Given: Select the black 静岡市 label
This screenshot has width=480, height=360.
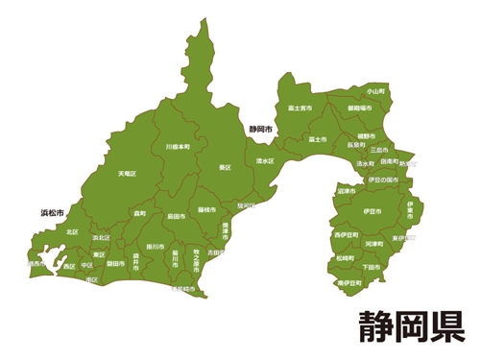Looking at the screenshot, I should coord(260,128).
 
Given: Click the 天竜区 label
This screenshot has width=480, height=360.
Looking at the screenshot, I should coord(128,174).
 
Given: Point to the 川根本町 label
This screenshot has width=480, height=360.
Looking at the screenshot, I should coord(178,147).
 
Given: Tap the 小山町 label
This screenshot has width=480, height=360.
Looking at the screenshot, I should coord(375,90).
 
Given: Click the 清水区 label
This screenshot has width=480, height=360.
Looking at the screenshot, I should coord(265,160).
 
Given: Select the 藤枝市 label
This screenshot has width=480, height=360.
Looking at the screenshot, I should coord(206,208).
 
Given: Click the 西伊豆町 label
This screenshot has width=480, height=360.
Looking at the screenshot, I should coord(348,234).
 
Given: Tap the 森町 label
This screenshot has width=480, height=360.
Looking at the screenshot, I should coord(140,213).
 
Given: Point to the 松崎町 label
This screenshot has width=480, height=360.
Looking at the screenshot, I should coord(346,258).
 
